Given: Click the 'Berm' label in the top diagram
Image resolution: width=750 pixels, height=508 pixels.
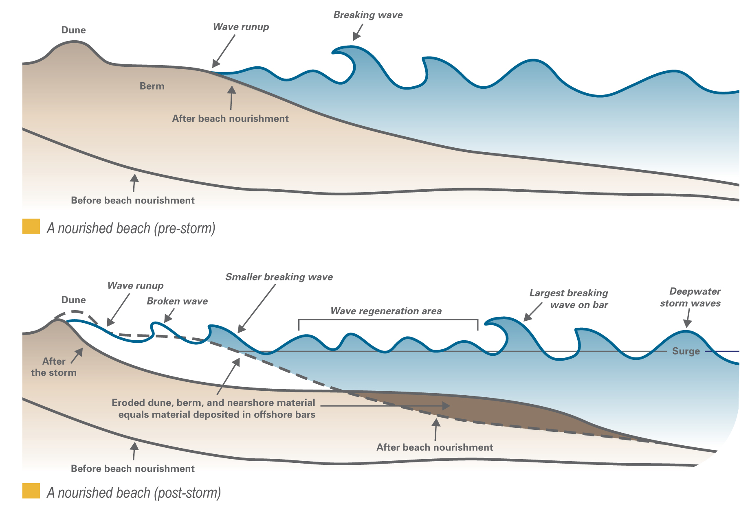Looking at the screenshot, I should pyautogui.click(x=152, y=86).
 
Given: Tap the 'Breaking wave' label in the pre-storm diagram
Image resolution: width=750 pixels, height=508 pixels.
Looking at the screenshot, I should pyautogui.click(x=368, y=15).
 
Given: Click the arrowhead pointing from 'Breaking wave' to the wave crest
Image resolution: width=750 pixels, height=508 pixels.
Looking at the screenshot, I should pyautogui.click(x=356, y=37).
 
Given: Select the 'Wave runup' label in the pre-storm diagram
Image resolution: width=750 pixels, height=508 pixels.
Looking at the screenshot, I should pyautogui.click(x=241, y=27).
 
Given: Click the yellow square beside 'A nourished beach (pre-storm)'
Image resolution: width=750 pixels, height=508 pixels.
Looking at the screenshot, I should pyautogui.click(x=31, y=226).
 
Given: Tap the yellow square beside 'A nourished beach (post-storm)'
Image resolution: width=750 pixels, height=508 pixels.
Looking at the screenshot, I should pyautogui.click(x=31, y=491).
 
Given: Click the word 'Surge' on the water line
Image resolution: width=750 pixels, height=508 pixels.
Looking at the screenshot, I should pyautogui.click(x=686, y=351).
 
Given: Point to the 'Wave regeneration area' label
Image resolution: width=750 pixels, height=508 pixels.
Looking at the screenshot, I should pyautogui.click(x=386, y=311).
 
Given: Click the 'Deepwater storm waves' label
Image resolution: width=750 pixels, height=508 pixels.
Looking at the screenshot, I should pyautogui.click(x=691, y=297).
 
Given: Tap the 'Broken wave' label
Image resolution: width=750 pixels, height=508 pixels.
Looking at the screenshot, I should pyautogui.click(x=177, y=301).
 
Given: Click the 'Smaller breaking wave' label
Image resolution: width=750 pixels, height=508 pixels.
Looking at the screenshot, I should pyautogui.click(x=279, y=277).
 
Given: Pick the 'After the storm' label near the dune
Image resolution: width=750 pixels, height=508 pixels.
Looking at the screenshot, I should pyautogui.click(x=54, y=367).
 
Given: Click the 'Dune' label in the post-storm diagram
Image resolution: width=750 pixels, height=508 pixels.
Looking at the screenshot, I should pyautogui.click(x=73, y=300).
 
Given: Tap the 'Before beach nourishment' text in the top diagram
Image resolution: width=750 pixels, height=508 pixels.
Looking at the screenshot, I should pyautogui.click(x=133, y=200).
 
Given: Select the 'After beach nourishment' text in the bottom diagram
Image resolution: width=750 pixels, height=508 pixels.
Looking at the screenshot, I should pyautogui.click(x=435, y=447).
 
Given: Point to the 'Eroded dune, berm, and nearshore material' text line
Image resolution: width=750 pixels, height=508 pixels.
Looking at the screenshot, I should pyautogui.click(x=213, y=403).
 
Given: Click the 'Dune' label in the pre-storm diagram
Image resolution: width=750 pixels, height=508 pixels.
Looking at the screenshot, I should pyautogui.click(x=73, y=30).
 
